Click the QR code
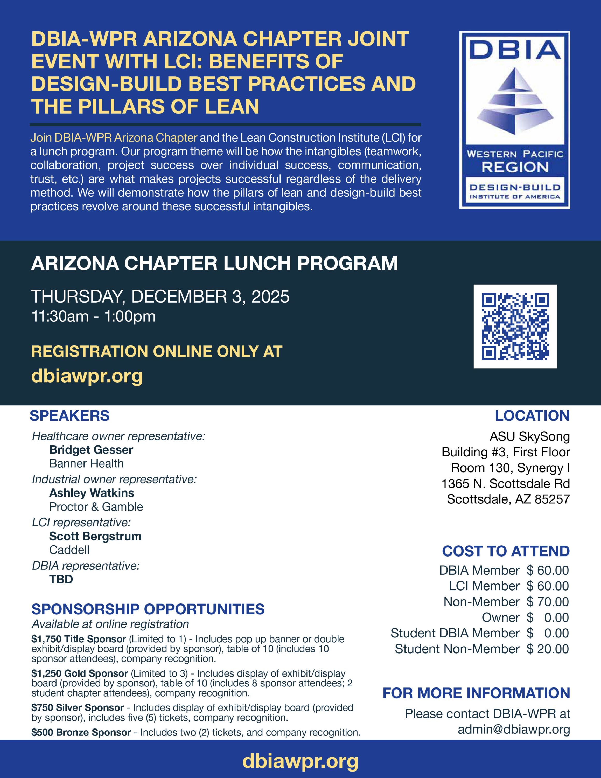pyautogui.click(x=515, y=326)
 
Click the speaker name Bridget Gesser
pyautogui.click(x=91, y=450)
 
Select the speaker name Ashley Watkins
pyautogui.click(x=92, y=493)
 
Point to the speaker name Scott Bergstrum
pyautogui.click(x=95, y=536)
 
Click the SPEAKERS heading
pyautogui.click(x=69, y=416)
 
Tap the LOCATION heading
pyautogui.click(x=532, y=416)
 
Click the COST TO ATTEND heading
pyautogui.click(x=506, y=551)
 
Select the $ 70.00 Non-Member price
pyautogui.click(x=548, y=602)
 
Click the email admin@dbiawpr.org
pyautogui.click(x=514, y=729)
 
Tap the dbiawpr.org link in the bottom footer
pyautogui.click(x=300, y=761)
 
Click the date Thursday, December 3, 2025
pyautogui.click(x=160, y=297)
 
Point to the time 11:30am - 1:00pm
pyautogui.click(x=93, y=316)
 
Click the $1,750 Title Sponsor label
pyautogui.click(x=79, y=639)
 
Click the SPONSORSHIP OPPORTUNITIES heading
pyautogui.click(x=148, y=609)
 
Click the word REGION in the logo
pyautogui.click(x=515, y=167)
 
